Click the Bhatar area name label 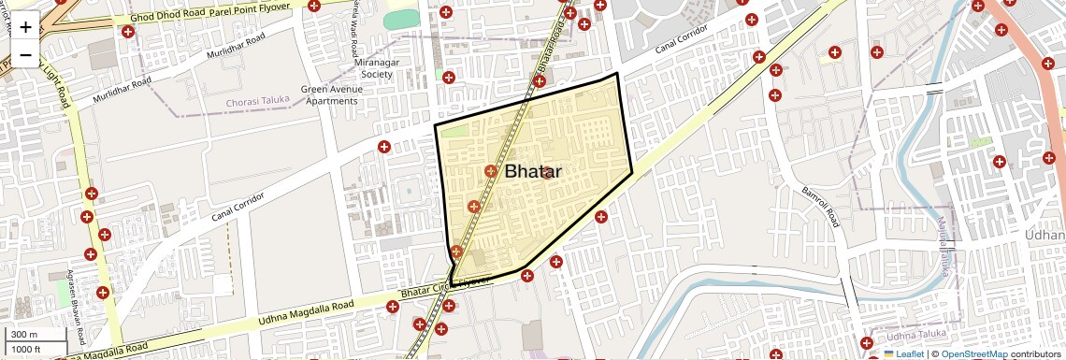coord(533,172)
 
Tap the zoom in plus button coord(25,27)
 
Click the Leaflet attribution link coord(903,354)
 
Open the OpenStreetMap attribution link coord(973,354)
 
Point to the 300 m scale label coord(24,335)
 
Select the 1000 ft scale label coord(26,349)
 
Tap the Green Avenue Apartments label coord(330,95)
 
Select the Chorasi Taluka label coord(257,100)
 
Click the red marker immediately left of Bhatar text coord(491,171)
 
